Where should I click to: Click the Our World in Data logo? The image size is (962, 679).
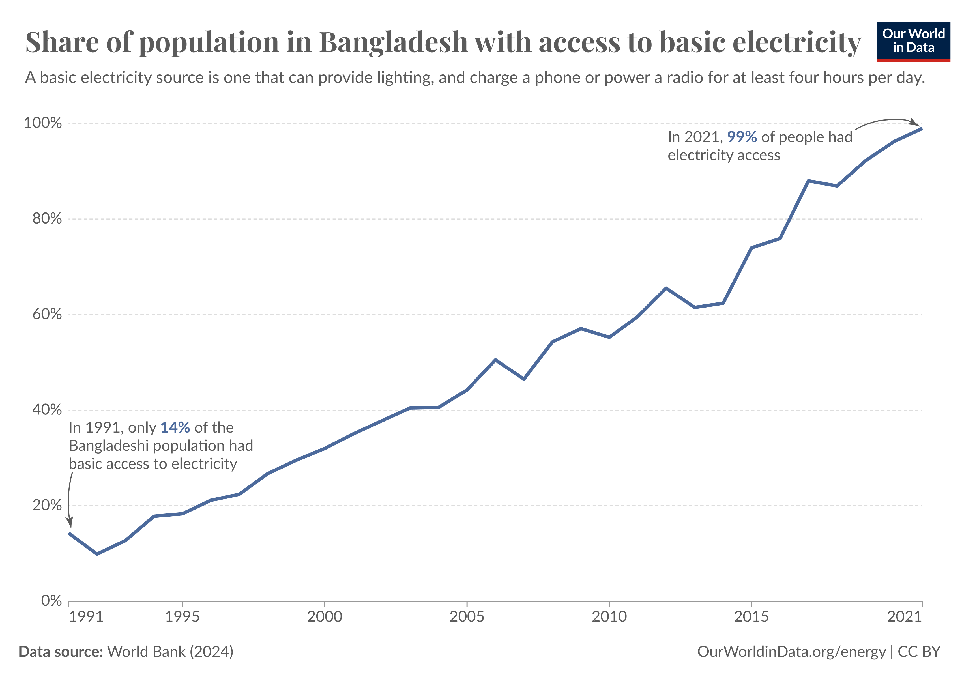[913, 41]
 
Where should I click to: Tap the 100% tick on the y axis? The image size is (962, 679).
[43, 123]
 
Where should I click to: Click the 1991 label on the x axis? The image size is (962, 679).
[86, 616]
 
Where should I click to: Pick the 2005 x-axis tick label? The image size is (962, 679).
[466, 616]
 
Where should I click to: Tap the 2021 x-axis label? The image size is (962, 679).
[904, 616]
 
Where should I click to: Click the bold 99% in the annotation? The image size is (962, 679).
[742, 137]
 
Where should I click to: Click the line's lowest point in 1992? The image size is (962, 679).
[97, 554]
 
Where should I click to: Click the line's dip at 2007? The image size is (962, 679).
[524, 379]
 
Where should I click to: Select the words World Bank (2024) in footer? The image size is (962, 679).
[170, 652]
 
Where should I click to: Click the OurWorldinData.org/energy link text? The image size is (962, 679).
[791, 652]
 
